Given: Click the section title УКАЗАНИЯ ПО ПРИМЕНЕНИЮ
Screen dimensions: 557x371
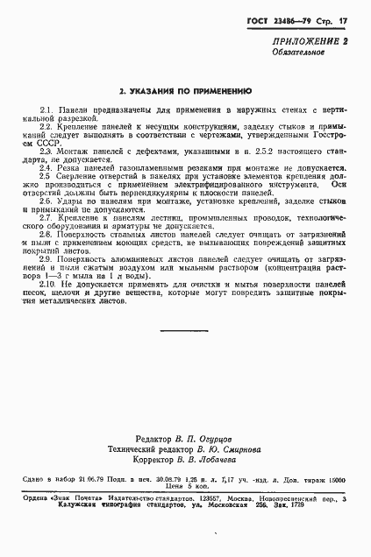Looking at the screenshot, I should click(x=185, y=90).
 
